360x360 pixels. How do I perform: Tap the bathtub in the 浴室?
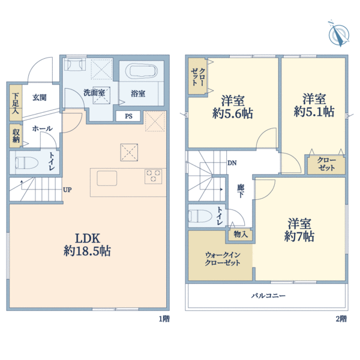coord(142,71)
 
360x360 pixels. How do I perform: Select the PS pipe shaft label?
coord(128,116)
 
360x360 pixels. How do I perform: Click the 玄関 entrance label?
coord(40,97)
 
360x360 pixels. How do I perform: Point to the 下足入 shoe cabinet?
coord(16,103)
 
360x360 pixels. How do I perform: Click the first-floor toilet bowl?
coord(26,163)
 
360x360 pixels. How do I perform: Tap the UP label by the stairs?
coord(67,190)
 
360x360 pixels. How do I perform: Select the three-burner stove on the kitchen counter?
coord(153,176)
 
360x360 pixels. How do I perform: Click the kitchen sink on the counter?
coord(107,178)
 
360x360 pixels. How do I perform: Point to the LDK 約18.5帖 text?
coord(88,245)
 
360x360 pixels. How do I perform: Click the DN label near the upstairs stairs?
coord(232,163)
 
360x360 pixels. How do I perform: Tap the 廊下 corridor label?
coord(241,191)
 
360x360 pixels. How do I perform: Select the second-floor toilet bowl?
coord(200,216)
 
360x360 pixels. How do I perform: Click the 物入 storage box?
coord(241,235)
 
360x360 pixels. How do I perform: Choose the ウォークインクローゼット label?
coord(223,259)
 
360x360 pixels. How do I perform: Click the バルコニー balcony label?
coord(268,295)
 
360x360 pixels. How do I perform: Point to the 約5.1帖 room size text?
coord(314,112)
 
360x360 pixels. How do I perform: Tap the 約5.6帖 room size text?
coord(233,113)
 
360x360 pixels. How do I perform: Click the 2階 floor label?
coord(341,319)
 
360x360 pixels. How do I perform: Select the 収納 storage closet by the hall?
coord(16,136)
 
